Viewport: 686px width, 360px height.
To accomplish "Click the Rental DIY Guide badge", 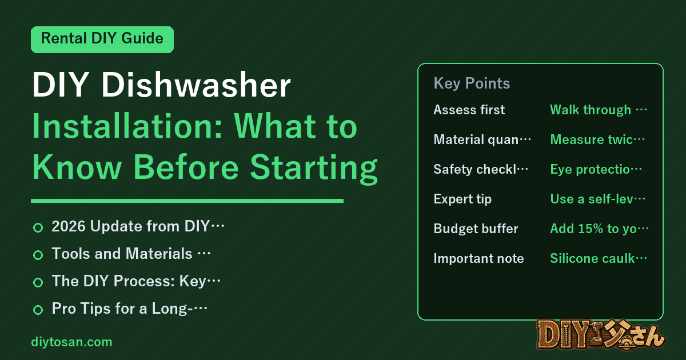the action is [102, 39].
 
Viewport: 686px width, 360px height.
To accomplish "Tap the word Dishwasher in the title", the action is [196, 85].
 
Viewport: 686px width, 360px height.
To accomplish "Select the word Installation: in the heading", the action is [127, 126].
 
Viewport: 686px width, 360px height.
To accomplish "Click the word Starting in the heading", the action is [314, 169].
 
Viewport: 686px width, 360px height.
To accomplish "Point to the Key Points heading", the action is [472, 83].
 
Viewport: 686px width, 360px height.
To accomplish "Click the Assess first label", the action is [469, 110].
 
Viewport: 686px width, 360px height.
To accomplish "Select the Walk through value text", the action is [599, 110].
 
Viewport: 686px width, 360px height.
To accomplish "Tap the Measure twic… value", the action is [597, 139].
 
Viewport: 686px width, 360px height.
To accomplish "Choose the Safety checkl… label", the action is [481, 169].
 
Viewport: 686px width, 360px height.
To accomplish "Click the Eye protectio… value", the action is [596, 169].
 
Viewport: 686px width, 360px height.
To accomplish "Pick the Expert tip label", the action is [462, 199].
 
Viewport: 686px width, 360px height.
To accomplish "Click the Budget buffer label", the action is [476, 229].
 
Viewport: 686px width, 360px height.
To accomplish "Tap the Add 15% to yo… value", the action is [599, 229].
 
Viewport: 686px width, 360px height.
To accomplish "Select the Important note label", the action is [478, 258].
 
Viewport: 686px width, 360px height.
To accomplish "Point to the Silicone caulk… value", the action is [599, 258].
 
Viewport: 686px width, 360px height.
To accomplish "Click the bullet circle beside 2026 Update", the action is [38, 227].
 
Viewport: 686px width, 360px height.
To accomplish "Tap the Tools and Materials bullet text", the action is [131, 254].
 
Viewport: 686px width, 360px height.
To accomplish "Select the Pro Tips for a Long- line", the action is [130, 308].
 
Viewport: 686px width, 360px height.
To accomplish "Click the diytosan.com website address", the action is [71, 342].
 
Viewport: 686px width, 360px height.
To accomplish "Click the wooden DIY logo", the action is [601, 335].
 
